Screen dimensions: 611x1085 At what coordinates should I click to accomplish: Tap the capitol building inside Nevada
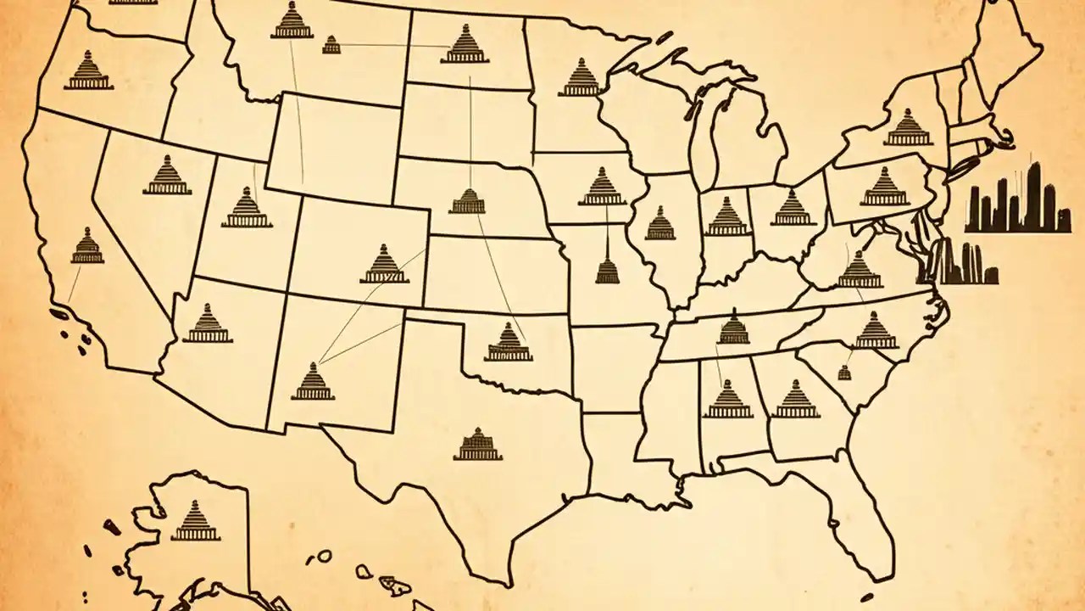click(167, 176)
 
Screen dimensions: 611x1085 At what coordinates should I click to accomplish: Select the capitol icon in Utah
click(247, 208)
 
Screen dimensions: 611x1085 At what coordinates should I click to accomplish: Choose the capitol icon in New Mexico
click(313, 382)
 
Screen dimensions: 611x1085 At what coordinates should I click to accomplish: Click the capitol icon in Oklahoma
click(509, 343)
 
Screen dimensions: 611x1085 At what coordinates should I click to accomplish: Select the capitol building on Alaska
click(195, 521)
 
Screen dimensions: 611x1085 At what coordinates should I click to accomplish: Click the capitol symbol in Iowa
click(602, 187)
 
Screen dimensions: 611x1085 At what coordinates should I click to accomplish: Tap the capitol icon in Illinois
click(659, 223)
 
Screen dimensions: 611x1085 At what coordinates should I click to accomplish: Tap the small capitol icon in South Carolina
click(844, 372)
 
